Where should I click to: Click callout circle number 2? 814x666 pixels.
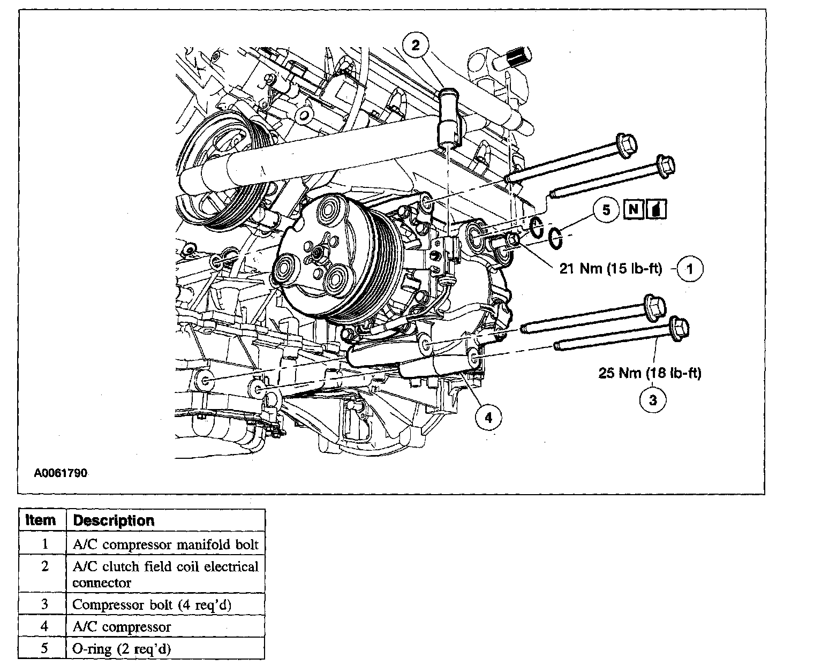416,44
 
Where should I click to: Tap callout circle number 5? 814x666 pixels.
606,210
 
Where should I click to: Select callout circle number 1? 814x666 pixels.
690,269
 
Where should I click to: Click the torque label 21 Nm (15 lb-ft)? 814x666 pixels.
611,268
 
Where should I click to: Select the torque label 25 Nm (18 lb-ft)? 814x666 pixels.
649,373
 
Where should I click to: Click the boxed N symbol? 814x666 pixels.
634,209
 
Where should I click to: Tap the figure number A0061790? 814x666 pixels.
61,473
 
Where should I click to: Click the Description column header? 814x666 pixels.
114,520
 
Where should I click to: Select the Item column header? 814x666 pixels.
41,520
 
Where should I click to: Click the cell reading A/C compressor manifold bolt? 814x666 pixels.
165,544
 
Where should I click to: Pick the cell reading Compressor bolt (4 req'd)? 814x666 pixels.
152,604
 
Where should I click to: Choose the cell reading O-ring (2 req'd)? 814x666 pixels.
121,649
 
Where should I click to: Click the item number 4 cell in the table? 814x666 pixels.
44,626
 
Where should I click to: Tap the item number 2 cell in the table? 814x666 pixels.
44,566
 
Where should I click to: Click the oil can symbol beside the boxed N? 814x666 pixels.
657,209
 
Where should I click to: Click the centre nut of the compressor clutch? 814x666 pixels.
318,251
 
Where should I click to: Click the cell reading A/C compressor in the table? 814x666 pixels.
122,626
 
